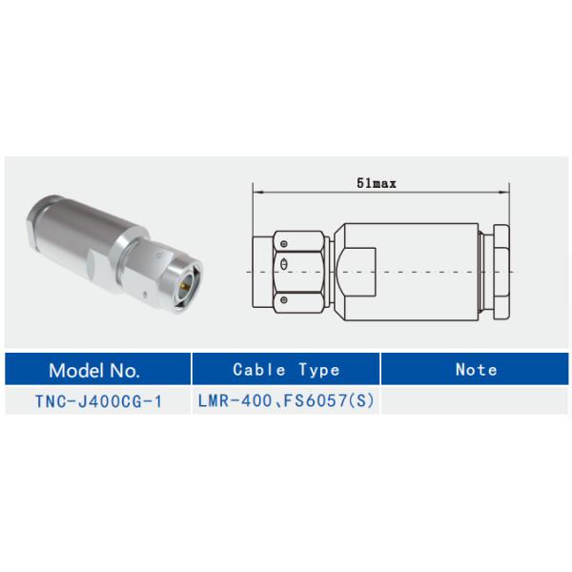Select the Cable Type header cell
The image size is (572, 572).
286,370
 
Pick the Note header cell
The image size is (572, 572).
476,370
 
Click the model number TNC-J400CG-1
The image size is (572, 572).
99,402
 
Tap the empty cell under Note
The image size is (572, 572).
476,402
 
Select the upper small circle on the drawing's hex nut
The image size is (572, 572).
285,243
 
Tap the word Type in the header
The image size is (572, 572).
317,370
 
